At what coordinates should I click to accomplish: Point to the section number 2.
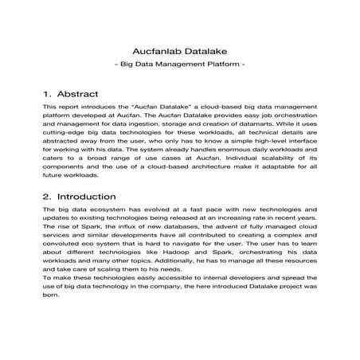coord(48,195)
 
